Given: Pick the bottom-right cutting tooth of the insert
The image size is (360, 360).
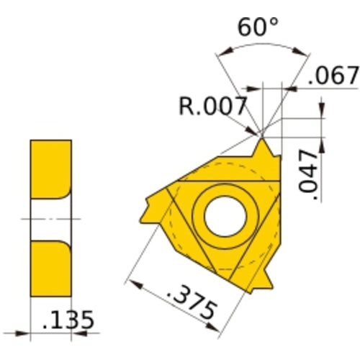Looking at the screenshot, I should (266, 277).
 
